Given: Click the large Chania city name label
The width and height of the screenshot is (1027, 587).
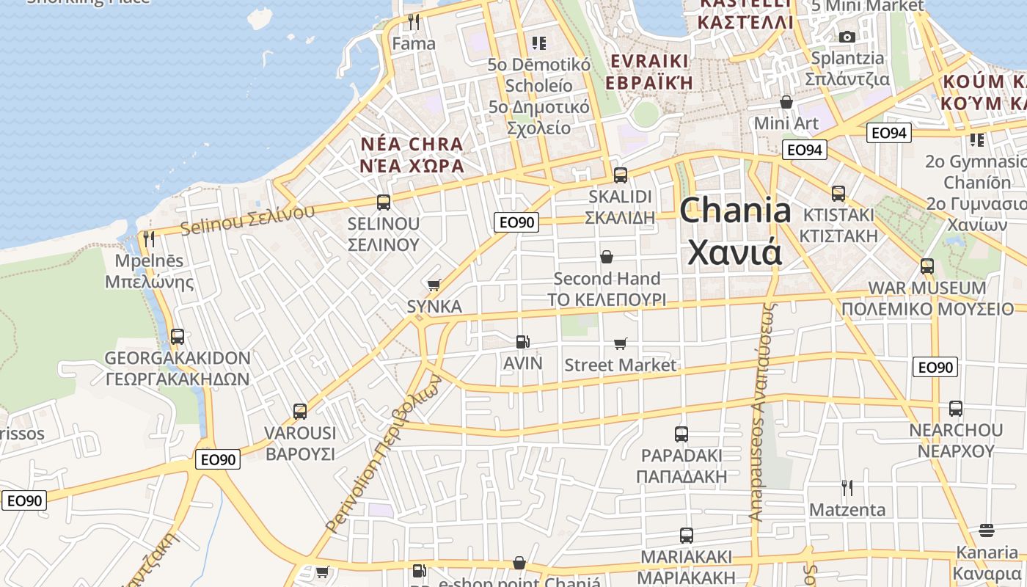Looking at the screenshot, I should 735,232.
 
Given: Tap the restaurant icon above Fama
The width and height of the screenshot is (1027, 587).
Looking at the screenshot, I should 414,22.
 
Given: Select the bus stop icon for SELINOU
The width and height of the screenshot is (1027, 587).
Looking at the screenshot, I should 383,202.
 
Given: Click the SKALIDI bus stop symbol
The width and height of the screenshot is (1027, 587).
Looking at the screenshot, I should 621,175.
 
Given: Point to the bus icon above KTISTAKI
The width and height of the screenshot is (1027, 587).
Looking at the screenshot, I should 838,194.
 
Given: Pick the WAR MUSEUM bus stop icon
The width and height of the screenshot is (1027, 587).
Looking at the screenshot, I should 927,266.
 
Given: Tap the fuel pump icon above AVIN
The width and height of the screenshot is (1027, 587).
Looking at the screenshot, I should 522,341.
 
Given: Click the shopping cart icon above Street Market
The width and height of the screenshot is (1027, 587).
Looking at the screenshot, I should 621,343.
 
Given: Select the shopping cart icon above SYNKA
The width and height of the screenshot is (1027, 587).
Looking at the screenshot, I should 434,285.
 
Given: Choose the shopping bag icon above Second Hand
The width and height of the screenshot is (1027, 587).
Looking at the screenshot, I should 607,257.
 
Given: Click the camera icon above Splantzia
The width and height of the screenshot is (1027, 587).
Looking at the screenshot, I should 847,37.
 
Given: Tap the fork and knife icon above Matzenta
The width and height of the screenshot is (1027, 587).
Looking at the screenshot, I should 847,487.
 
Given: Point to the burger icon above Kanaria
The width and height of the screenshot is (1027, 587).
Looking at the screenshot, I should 987,531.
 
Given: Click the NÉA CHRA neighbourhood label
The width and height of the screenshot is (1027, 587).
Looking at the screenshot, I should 412,155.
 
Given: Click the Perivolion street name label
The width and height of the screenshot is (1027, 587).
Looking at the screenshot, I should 382,455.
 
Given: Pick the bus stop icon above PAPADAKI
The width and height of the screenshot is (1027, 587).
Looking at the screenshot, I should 681,434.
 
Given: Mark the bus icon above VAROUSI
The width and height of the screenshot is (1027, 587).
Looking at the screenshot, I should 299,412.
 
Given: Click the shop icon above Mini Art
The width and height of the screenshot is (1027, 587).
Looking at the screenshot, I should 786,101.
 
